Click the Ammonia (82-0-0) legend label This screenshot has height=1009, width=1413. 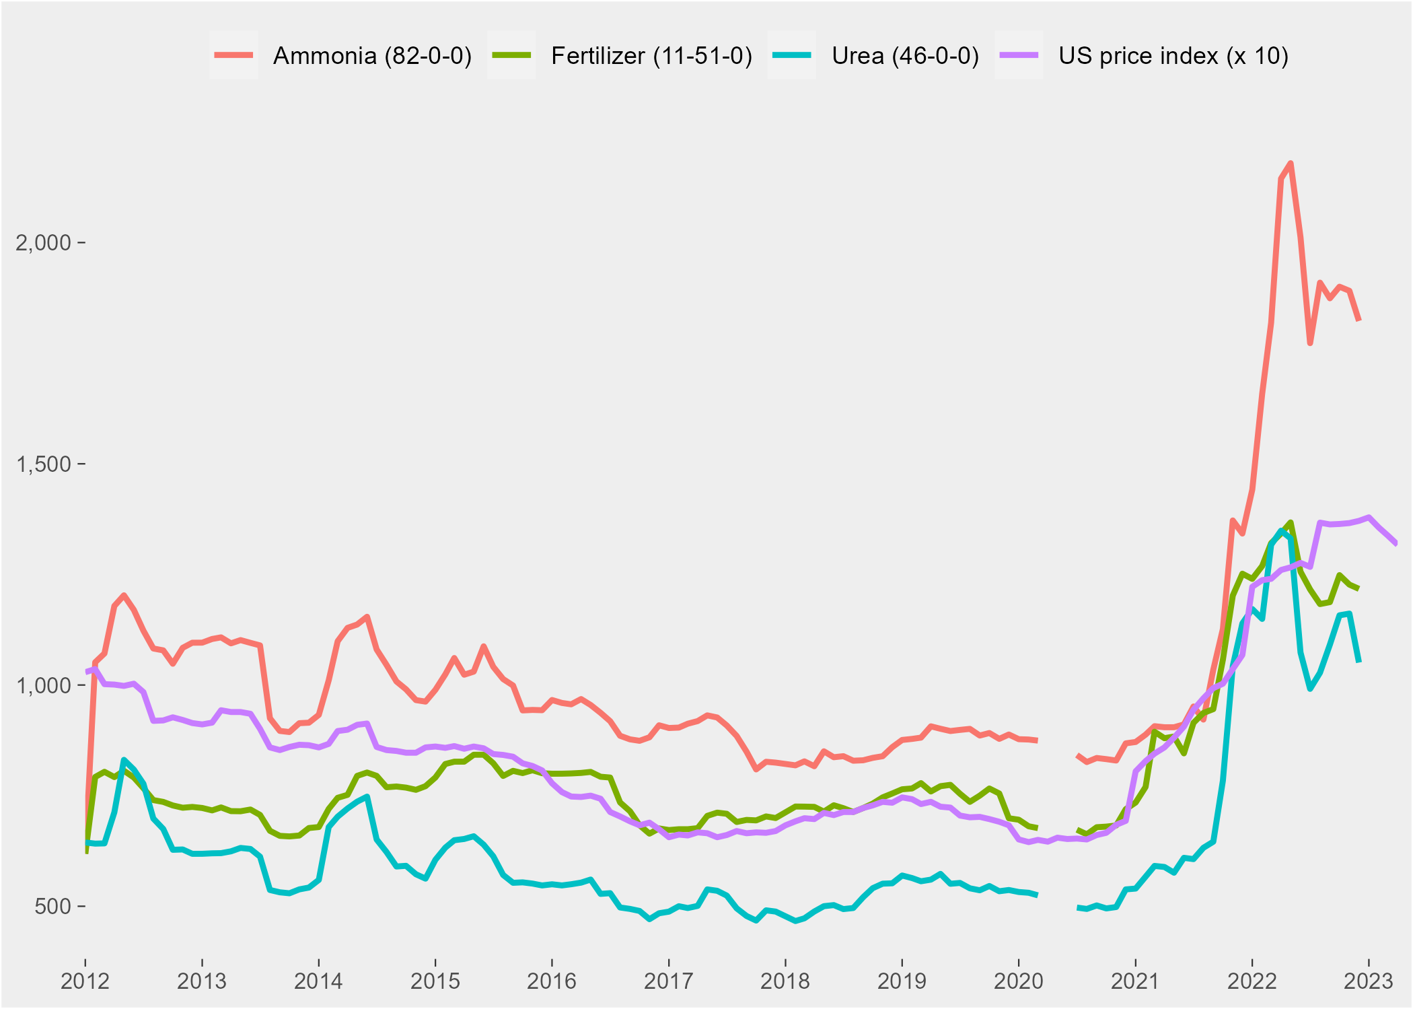[x=372, y=56]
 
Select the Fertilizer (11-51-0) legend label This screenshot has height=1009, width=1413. [x=651, y=56]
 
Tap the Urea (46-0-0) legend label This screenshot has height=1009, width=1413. [x=905, y=56]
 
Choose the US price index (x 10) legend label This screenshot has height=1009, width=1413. [x=1173, y=56]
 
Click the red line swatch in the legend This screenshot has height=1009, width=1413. [x=233, y=55]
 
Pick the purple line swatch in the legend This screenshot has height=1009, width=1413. [x=1019, y=55]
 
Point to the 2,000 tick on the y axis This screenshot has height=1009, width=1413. [x=43, y=242]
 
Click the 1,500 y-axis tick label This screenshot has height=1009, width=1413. [x=43, y=464]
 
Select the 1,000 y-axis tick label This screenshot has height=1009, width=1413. [x=43, y=685]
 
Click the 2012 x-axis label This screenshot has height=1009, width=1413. [x=85, y=981]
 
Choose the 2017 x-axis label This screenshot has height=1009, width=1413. [x=668, y=981]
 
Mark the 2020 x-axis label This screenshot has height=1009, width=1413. [x=1018, y=981]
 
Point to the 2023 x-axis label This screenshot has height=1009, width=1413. [x=1368, y=981]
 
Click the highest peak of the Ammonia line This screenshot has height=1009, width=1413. [x=1291, y=163]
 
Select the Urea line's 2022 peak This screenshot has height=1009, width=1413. [x=1281, y=530]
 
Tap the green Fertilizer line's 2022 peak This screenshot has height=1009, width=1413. [x=1291, y=522]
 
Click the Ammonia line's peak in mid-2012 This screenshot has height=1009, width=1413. [x=124, y=595]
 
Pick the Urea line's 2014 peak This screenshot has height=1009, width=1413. [x=367, y=796]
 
